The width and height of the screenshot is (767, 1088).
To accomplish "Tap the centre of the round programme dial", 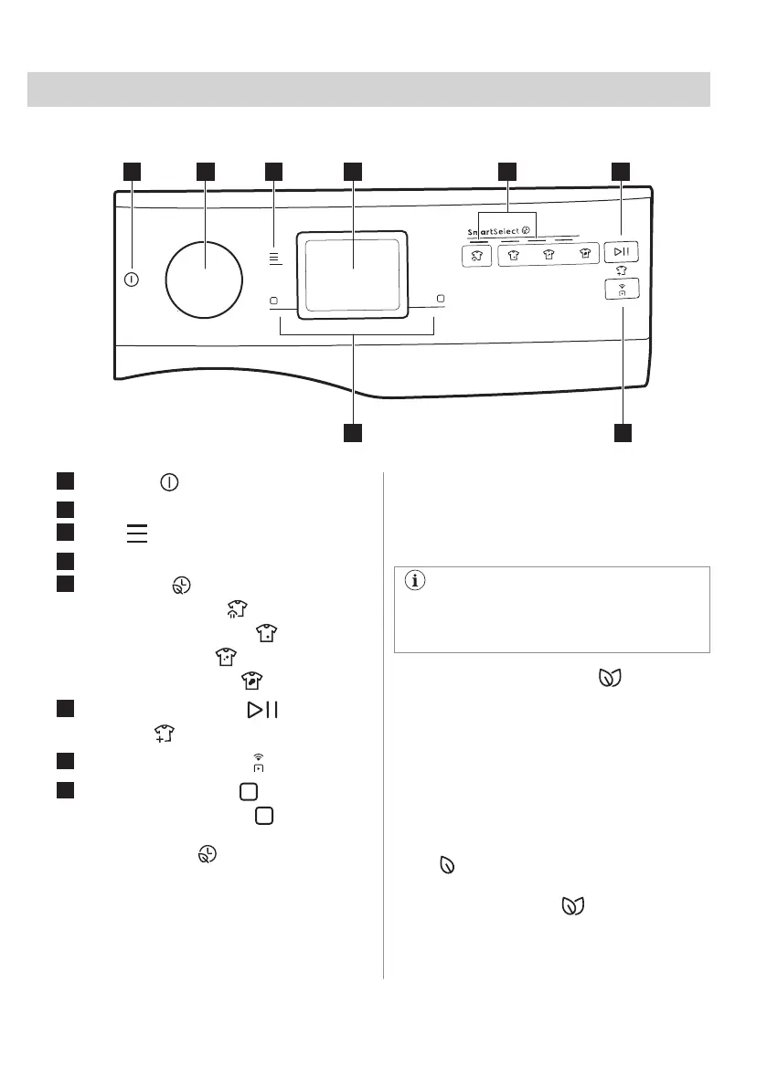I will coord(205,269).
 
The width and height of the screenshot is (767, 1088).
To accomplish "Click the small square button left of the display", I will coord(273,300).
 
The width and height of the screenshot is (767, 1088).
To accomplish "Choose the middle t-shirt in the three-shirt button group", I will coord(549,257).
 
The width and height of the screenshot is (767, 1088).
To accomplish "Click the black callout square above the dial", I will coord(205,171).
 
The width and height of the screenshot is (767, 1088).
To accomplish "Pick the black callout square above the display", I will coord(352,171).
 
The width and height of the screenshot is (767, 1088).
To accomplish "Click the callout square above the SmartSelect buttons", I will coord(506,171).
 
